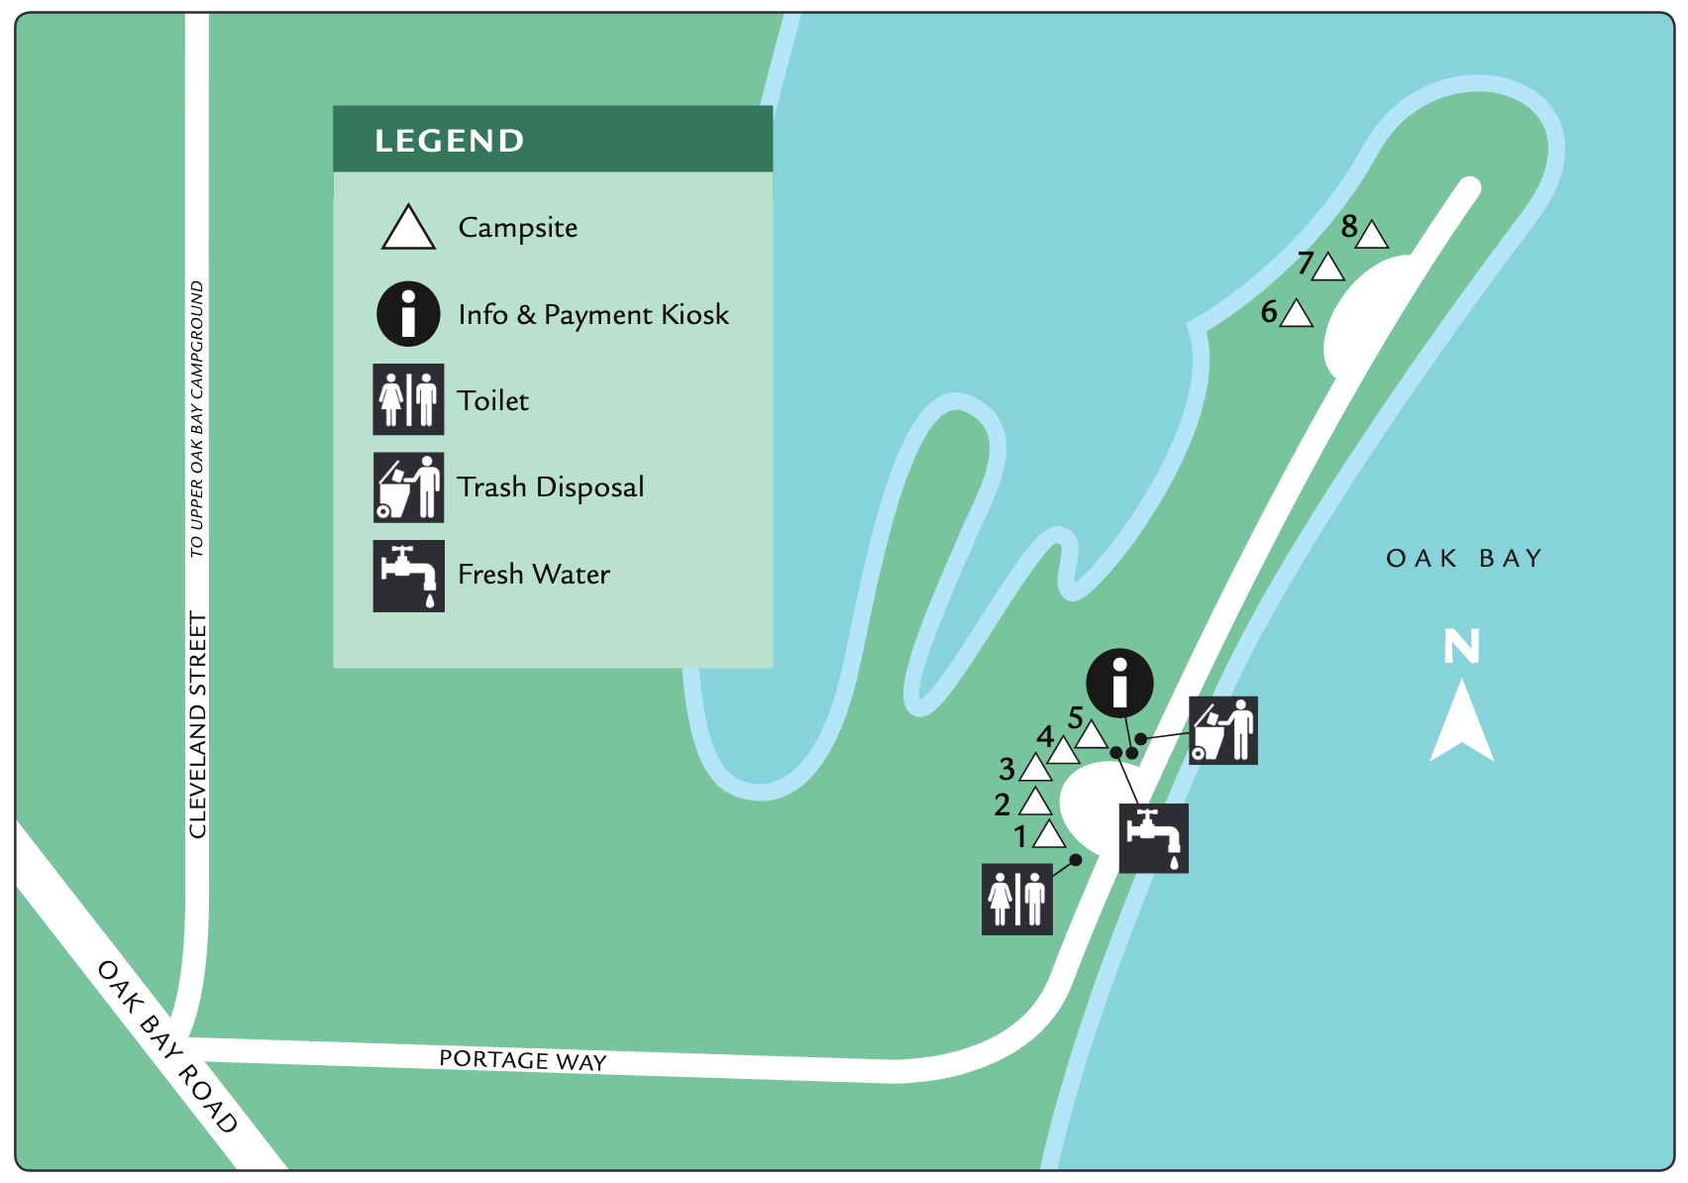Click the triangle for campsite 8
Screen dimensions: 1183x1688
(1372, 236)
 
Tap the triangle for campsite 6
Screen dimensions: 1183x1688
(1296, 315)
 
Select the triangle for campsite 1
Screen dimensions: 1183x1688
(1049, 836)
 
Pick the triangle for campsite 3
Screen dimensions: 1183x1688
(1035, 768)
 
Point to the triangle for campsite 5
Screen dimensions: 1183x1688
(1091, 735)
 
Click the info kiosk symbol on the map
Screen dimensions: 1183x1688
(1119, 683)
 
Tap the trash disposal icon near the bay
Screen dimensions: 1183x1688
(1223, 730)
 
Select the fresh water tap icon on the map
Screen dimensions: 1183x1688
(1153, 838)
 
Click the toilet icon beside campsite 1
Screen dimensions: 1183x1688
(1017, 900)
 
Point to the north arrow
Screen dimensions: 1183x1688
(1461, 723)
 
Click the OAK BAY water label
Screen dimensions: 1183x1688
(1464, 559)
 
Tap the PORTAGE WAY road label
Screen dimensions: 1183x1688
(522, 1060)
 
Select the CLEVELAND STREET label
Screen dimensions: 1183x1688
(198, 725)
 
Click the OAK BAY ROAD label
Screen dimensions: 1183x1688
(167, 1046)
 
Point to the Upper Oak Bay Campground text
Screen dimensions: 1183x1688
(197, 418)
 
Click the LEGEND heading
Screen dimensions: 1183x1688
(449, 141)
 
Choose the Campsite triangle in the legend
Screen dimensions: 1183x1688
(408, 229)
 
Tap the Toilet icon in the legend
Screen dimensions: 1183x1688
(408, 399)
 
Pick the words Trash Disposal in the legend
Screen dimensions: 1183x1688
(551, 487)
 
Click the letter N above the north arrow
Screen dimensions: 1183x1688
(1461, 647)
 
